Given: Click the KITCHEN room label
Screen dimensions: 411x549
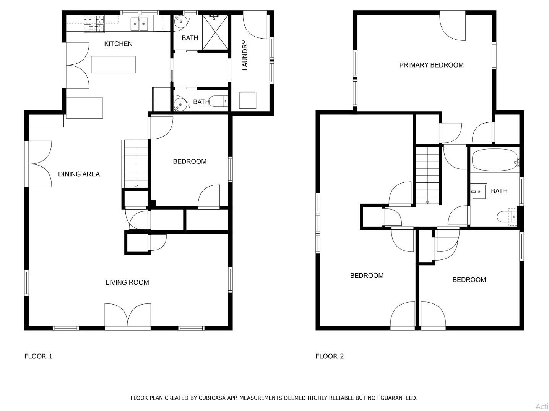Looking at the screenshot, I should pyautogui.click(x=118, y=44).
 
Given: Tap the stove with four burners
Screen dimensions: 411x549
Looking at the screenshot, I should pyautogui.click(x=94, y=24).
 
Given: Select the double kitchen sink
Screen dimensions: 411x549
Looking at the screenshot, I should pyautogui.click(x=139, y=24).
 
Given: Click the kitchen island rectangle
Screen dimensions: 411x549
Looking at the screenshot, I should pyautogui.click(x=113, y=64).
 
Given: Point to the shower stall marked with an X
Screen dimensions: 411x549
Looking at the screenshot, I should pyautogui.click(x=215, y=32).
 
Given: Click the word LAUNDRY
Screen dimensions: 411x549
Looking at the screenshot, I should pyautogui.click(x=245, y=55).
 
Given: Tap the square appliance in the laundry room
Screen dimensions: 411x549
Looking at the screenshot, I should pyautogui.click(x=247, y=100).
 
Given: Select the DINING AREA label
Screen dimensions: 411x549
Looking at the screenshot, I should pyautogui.click(x=79, y=174).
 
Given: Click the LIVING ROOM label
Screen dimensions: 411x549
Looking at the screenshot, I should pyautogui.click(x=127, y=282).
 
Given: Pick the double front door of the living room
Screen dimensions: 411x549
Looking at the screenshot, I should pyautogui.click(x=128, y=316).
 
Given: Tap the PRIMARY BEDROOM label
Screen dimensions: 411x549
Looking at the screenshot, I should pyautogui.click(x=431, y=65).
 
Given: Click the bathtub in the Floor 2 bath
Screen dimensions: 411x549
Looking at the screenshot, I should pyautogui.click(x=494, y=160).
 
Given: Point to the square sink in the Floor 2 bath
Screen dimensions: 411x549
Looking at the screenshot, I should pyautogui.click(x=479, y=192).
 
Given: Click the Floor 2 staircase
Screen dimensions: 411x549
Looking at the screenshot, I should pyautogui.click(x=427, y=176).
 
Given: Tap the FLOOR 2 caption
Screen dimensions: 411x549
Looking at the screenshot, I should pyautogui.click(x=329, y=356).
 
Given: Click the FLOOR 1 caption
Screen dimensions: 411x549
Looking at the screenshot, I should pyautogui.click(x=38, y=356).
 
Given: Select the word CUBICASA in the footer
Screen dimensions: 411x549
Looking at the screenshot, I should pyautogui.click(x=213, y=398).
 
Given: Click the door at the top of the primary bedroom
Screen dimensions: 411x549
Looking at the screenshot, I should pyautogui.click(x=453, y=27).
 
